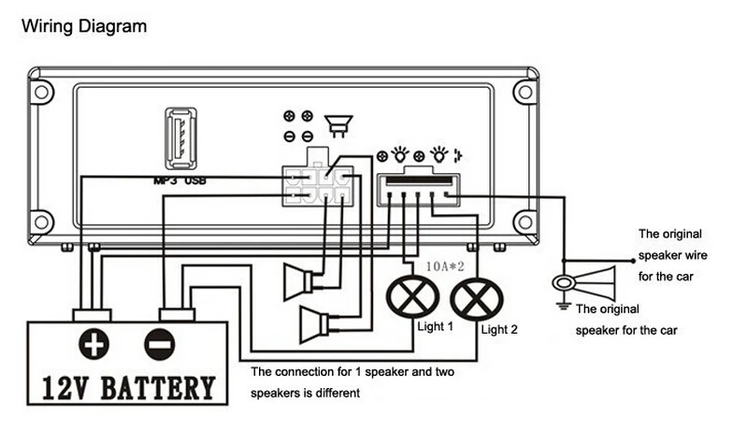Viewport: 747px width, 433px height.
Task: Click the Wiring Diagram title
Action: (x=84, y=27)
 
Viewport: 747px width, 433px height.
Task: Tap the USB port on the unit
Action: (x=180, y=138)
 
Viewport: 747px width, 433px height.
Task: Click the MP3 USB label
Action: (x=180, y=181)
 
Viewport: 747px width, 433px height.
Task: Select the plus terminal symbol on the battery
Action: (x=93, y=344)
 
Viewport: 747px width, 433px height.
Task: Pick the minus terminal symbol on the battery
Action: (x=160, y=344)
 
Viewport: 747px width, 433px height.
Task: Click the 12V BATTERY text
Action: (x=129, y=387)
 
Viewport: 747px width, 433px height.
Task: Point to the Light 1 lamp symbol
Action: (x=412, y=296)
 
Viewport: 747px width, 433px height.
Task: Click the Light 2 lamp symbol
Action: (x=477, y=299)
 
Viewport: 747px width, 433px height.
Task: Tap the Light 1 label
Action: (x=435, y=326)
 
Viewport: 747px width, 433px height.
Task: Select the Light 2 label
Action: (x=499, y=329)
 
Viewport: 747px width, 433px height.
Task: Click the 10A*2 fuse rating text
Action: (x=445, y=267)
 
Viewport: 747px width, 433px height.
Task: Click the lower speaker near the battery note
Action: (x=314, y=325)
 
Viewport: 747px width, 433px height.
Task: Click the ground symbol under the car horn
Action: (x=563, y=305)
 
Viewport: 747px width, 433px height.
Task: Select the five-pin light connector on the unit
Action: (x=418, y=190)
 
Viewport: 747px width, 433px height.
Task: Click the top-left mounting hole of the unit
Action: (x=42, y=92)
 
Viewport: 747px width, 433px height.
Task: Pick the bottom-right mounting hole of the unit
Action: (x=525, y=222)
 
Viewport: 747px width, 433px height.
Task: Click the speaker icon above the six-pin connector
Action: (x=338, y=126)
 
